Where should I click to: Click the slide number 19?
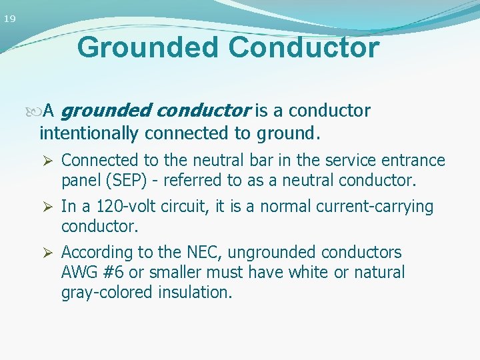tap(9, 19)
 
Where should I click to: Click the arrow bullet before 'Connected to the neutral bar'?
tap(47, 161)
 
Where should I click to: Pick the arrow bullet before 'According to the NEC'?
tap(47, 253)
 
